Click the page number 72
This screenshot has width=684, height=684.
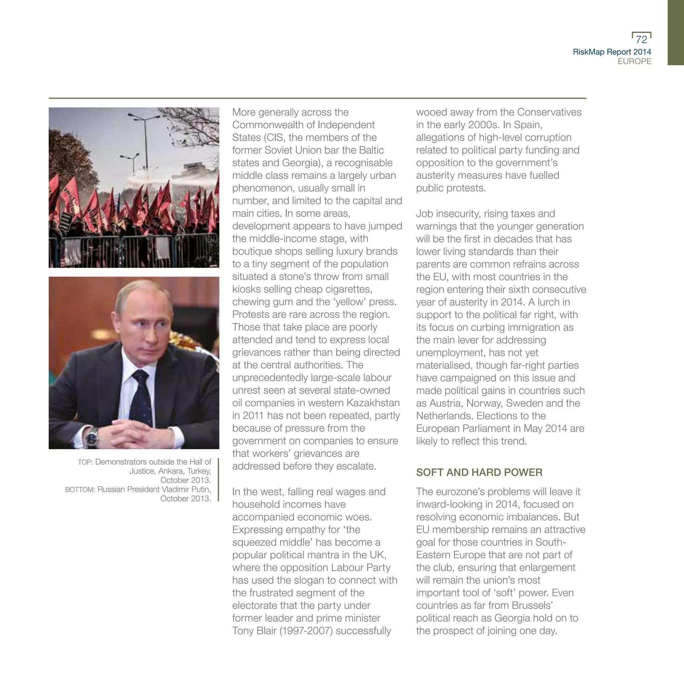coord(641,39)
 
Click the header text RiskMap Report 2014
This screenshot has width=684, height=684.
coord(612,52)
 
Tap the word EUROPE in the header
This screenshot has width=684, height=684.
coord(635,61)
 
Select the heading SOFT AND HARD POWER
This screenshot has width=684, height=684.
coord(479,472)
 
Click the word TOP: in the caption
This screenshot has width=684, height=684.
coord(85,462)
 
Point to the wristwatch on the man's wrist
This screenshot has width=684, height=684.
coord(93,437)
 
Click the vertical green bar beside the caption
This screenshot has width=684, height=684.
coord(218,480)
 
